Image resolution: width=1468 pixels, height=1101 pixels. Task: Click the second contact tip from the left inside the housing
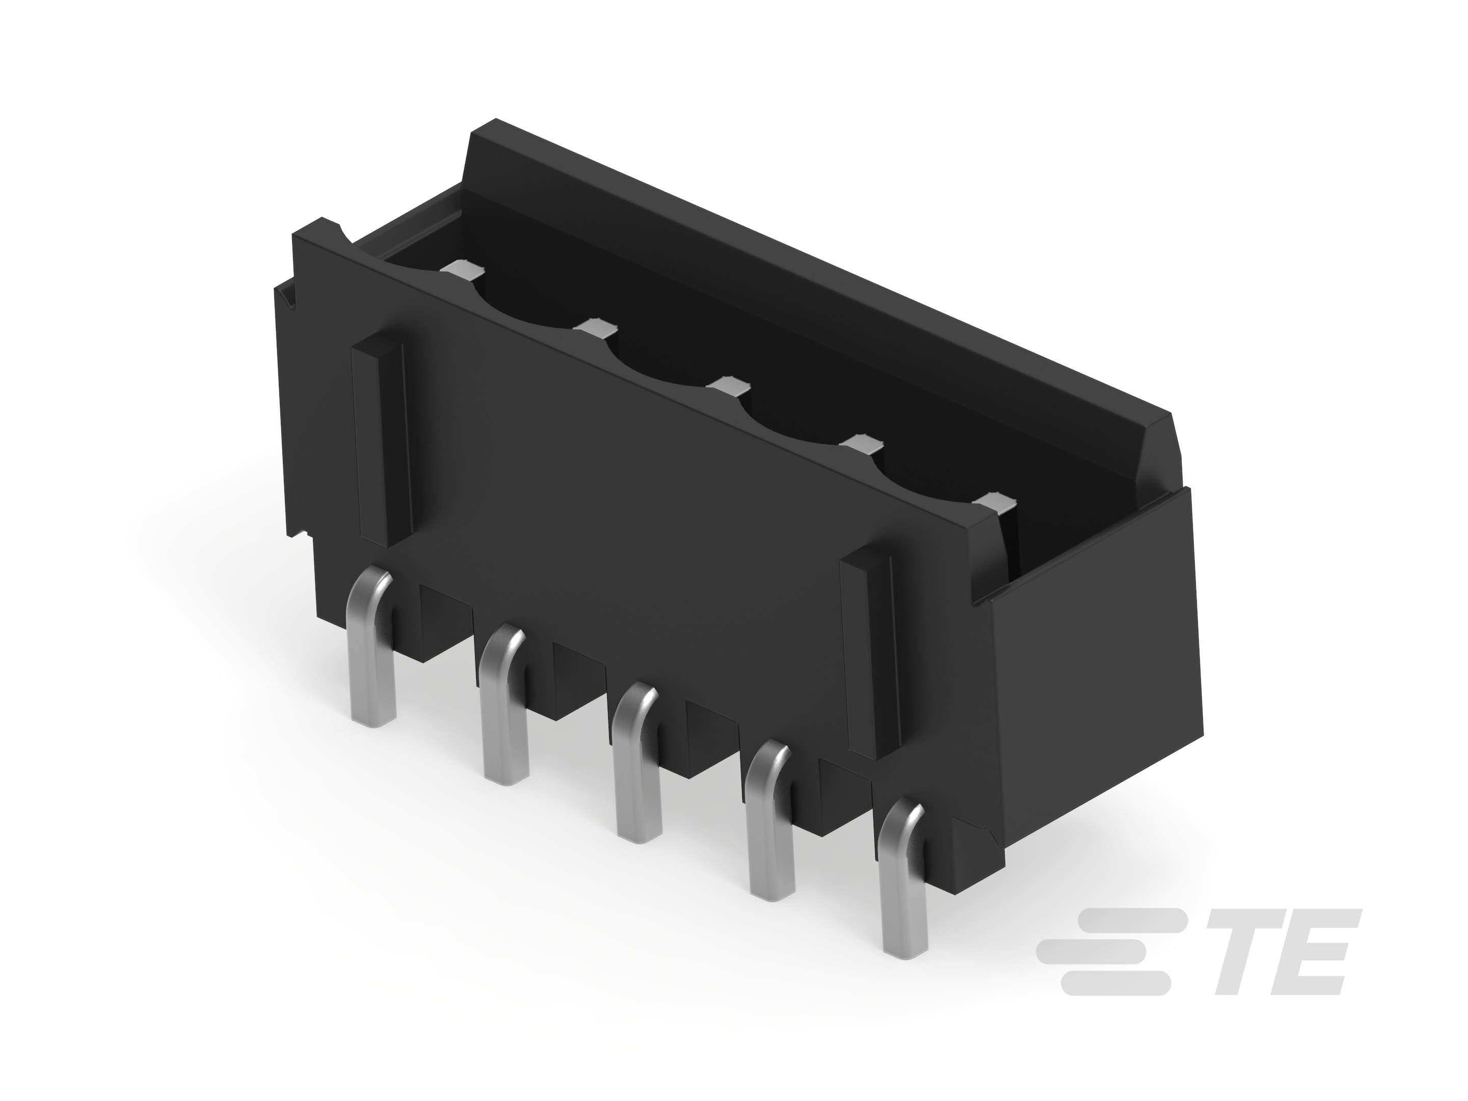point(595,327)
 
